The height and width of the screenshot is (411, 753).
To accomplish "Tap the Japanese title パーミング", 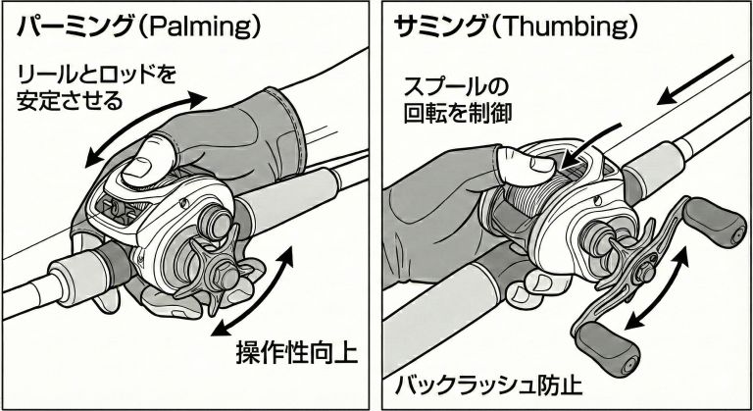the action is point(75,26).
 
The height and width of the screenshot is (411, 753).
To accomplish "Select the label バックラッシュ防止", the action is point(488,385).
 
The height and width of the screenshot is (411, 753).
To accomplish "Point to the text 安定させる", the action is point(70,100).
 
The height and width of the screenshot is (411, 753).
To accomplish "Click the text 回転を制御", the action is point(458,113).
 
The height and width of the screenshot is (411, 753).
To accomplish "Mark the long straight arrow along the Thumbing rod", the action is point(694,79).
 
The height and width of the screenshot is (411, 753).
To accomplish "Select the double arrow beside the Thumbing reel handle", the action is point(659,290).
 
